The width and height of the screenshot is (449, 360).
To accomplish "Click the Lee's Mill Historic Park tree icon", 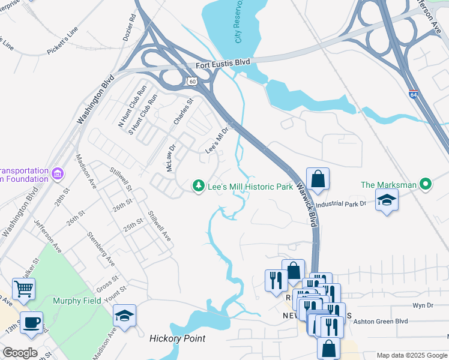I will coord(199,187).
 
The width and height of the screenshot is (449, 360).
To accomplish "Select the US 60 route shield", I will coord(191,81).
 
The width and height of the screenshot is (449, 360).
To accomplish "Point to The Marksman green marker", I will coord(426,184).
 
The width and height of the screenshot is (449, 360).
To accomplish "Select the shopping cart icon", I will coord(23,289).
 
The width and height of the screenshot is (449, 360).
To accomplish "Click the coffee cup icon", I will coord(31,323).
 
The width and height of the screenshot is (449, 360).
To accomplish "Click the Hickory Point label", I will coord(177,338).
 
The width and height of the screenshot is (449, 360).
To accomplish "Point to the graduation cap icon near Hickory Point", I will coord(124,316).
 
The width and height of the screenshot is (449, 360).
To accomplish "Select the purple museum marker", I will coord(58,174).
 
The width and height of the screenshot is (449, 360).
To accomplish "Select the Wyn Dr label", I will coord(423,305).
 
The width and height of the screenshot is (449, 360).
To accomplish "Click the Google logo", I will coord(20,353).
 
